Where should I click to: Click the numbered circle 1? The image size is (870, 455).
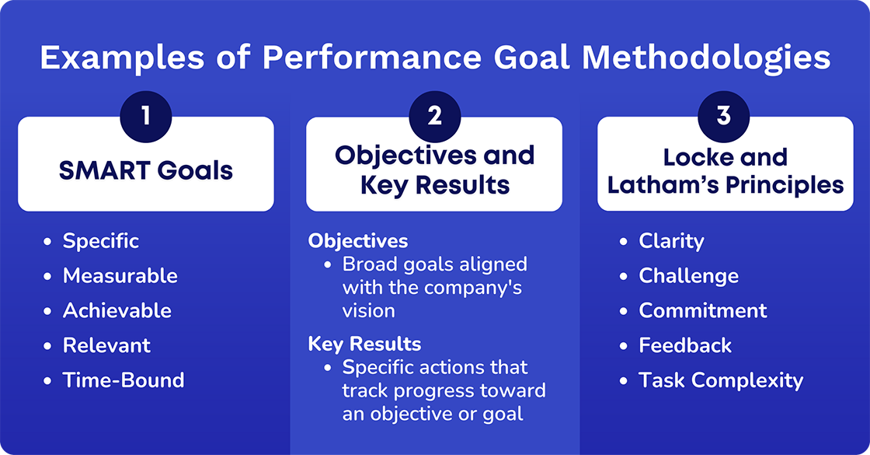coord(146,116)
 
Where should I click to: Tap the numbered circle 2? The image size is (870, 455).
coord(434,116)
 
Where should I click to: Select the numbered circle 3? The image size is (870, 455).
coord(724,116)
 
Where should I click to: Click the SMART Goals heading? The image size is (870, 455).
coord(146,170)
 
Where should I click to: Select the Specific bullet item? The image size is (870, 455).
coord(101,241)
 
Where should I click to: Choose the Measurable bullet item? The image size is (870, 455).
coord(120,276)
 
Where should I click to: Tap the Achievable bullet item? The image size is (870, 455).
coord(117,311)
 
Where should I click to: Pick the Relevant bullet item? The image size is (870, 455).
coord(106,345)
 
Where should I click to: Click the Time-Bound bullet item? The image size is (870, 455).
coord(124,380)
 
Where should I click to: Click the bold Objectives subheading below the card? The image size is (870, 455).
coord(358,241)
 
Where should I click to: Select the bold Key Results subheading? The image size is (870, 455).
coord(364,345)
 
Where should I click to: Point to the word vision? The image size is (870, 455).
coord(369,311)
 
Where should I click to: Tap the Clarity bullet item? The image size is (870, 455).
coord(671,241)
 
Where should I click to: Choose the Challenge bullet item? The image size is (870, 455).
coord(688,276)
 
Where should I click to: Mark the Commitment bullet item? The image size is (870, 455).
coord(702,311)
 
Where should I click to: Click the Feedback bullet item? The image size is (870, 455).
coord(685,345)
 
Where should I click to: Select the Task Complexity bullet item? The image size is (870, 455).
coord(721,380)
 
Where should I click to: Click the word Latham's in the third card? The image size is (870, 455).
coord(665,185)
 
